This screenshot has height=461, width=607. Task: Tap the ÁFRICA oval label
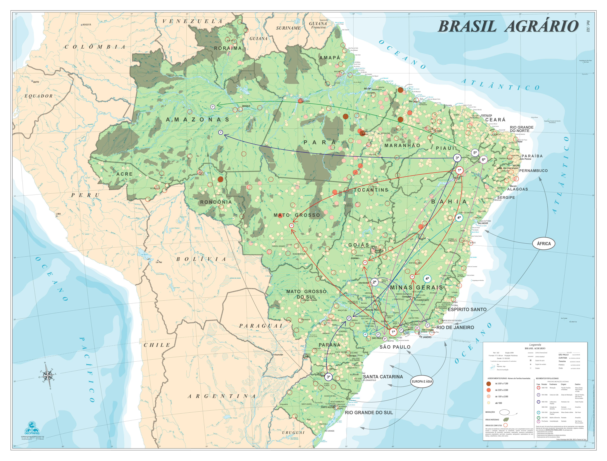coord(544,243)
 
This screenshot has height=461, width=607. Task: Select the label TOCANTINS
coord(371,190)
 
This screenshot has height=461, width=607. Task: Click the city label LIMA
coord(58,214)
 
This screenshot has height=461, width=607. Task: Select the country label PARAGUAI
coord(261,326)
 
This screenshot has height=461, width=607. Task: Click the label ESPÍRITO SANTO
coord(467,309)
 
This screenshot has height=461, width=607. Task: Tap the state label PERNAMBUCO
coord(533,171)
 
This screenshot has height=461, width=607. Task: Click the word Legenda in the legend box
coord(535,344)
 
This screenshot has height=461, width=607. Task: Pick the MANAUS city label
coord(246,106)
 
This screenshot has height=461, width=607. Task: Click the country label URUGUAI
coord(293,432)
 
